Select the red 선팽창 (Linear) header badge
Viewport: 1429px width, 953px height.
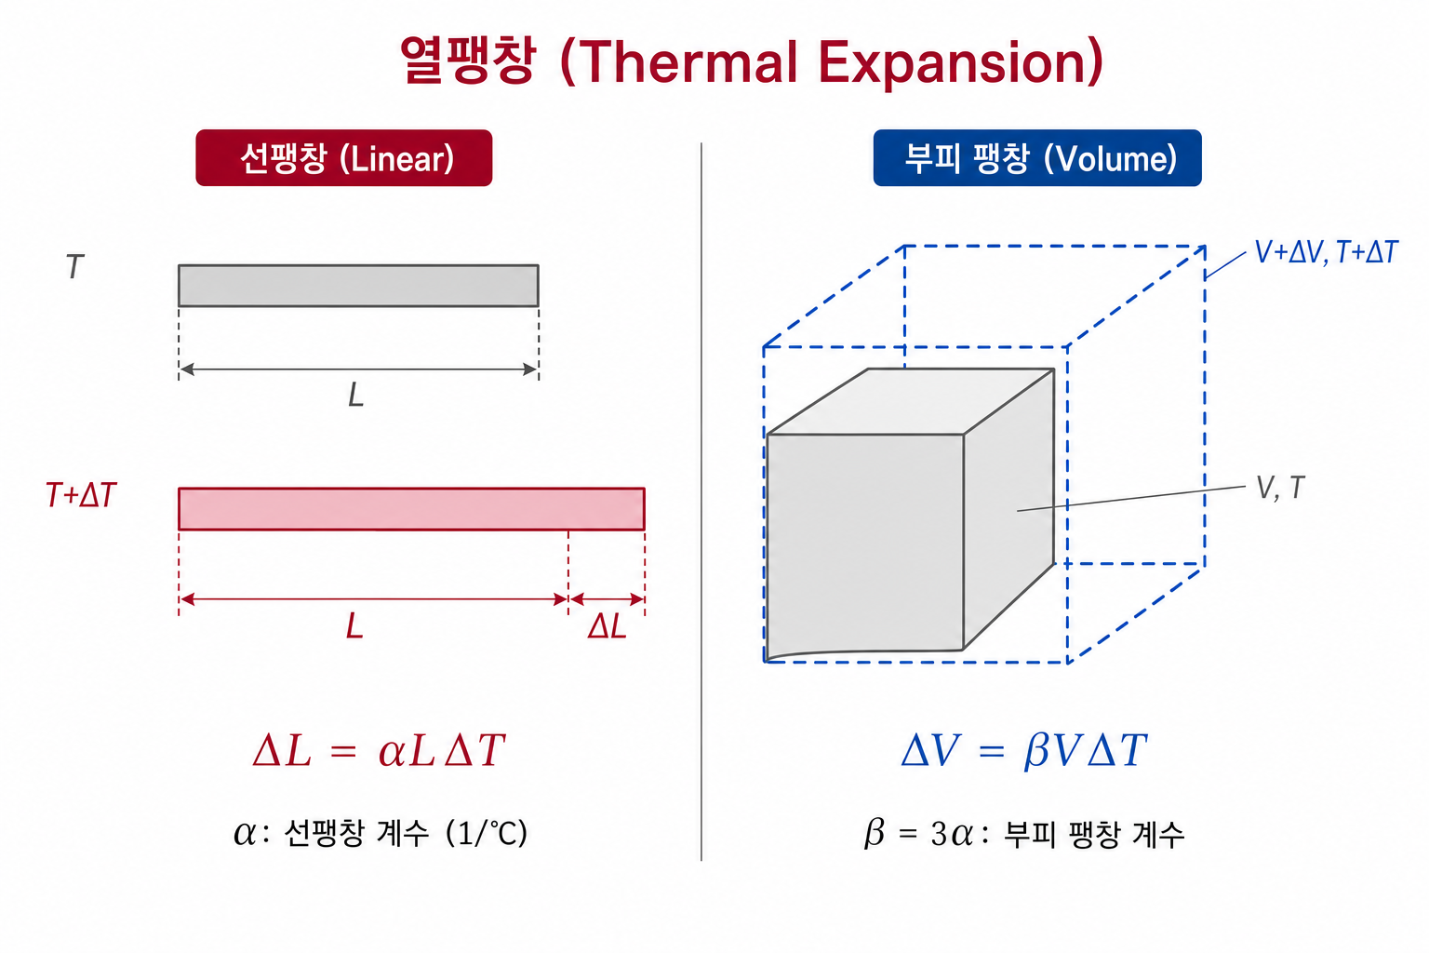click(x=344, y=157)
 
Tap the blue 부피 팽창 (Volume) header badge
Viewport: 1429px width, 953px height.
click(x=1037, y=157)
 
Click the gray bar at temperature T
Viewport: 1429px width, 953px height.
click(x=358, y=286)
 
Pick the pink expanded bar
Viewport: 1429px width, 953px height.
click(x=411, y=509)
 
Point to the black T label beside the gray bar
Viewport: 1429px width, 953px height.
click(x=75, y=266)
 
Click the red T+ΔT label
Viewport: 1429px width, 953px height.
click(x=81, y=495)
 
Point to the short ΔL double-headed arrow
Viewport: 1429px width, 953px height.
click(x=607, y=598)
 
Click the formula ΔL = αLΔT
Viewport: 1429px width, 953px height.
click(x=379, y=749)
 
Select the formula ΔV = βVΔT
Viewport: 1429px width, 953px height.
click(x=1024, y=750)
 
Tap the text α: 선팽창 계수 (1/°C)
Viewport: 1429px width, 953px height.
click(x=381, y=832)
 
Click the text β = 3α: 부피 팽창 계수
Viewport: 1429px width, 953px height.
click(x=1024, y=833)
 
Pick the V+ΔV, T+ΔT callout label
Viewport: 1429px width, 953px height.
click(x=1327, y=252)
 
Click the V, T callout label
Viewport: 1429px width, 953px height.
click(x=1280, y=488)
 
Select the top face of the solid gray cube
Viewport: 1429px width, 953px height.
click(x=911, y=401)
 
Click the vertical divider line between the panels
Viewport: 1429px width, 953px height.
click(x=701, y=502)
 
